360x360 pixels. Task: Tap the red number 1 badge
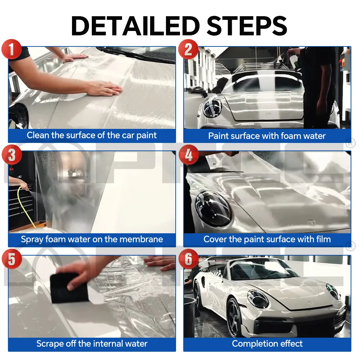(12, 49)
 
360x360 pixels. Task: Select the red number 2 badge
(188, 49)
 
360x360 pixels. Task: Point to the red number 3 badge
(12, 155)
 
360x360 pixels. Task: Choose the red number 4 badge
(188, 155)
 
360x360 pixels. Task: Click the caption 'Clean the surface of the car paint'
(92, 136)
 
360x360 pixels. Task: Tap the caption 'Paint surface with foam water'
(267, 136)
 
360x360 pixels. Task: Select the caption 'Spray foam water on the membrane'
(92, 239)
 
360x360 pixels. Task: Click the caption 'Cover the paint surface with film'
(267, 239)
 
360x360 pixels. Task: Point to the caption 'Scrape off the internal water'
(92, 344)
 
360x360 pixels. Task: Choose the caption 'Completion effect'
(267, 344)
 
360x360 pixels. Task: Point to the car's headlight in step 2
(212, 108)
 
